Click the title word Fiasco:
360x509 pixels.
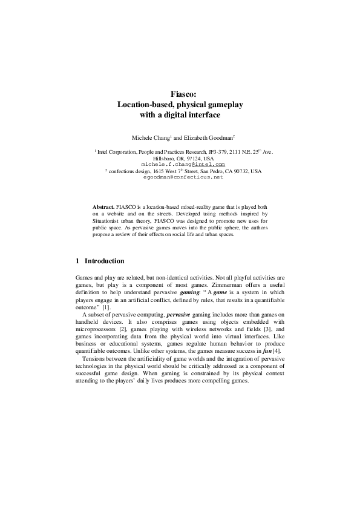[180, 94]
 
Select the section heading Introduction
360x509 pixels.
[104, 261]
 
